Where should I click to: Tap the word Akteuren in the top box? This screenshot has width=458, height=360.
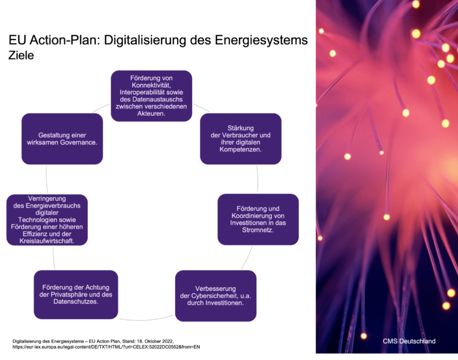tap(150, 113)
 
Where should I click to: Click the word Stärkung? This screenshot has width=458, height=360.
tap(241, 128)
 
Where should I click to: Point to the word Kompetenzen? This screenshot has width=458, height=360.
tap(241, 149)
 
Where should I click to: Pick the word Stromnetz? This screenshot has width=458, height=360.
tap(258, 229)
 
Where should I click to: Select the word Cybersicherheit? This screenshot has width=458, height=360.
tap(215, 296)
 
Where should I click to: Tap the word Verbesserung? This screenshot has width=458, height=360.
tap(215, 289)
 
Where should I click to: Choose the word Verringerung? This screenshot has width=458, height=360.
tap(47, 199)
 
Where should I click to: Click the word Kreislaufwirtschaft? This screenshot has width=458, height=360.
tap(47, 241)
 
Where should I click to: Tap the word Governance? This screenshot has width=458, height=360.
tap(78, 143)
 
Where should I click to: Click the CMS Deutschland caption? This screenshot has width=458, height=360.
tap(409, 341)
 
